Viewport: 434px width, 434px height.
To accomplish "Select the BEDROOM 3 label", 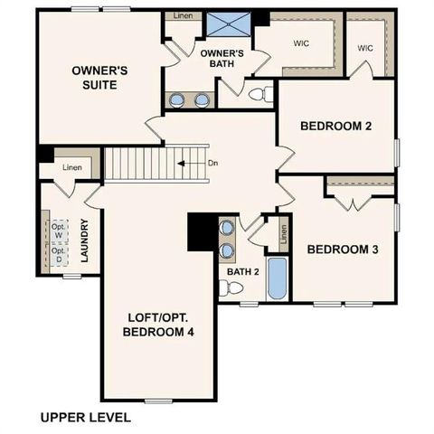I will [x=343, y=249].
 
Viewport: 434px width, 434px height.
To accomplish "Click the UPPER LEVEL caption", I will [x=86, y=418].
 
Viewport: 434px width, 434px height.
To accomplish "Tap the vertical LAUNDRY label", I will [x=84, y=242].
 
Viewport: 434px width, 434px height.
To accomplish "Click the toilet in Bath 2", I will [x=233, y=288].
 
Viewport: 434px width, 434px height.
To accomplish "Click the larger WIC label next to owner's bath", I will [x=302, y=42].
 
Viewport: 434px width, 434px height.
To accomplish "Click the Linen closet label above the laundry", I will [x=72, y=168].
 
